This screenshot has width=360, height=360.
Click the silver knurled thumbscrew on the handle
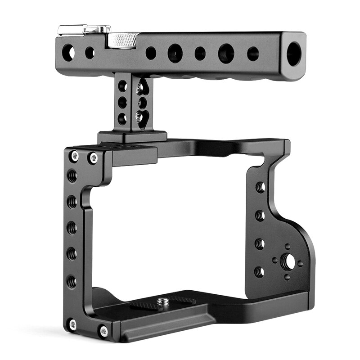[125, 40]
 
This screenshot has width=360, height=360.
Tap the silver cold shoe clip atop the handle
[84, 30]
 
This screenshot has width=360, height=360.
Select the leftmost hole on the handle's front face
[68, 51]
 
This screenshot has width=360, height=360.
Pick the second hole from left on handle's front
[90, 52]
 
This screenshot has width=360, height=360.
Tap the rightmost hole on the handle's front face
[253, 54]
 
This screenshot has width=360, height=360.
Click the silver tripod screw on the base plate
[163, 302]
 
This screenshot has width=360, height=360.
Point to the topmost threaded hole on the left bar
[72, 176]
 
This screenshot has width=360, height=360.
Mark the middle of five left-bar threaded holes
[72, 228]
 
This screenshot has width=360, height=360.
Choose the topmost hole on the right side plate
[260, 187]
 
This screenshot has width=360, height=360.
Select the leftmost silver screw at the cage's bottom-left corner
[72, 324]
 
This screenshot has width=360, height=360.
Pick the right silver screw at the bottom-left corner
[104, 331]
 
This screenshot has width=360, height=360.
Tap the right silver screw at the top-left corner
[94, 157]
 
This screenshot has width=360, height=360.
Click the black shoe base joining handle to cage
[132, 137]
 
